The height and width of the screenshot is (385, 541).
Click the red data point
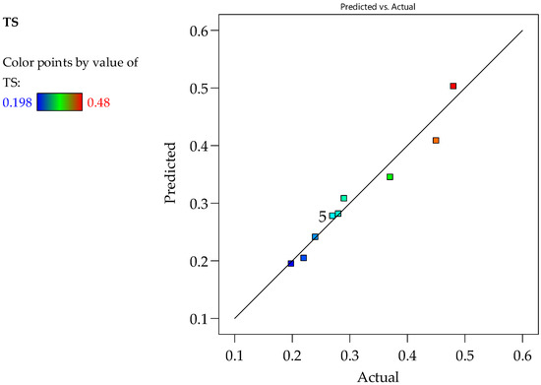[453, 86]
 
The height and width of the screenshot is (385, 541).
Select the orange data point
[436, 140]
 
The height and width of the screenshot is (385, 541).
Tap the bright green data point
[390, 177]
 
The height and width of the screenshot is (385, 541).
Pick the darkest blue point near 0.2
[291, 264]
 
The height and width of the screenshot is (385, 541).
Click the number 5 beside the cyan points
[322, 217]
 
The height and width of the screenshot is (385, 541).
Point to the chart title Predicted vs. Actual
[378, 7]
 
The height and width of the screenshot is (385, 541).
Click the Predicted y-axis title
[170, 172]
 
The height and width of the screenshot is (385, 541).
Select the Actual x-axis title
[378, 377]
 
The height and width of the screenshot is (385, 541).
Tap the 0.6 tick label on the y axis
[200, 31]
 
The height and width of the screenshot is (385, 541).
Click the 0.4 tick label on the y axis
[200, 146]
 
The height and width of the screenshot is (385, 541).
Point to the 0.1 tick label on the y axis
[200, 318]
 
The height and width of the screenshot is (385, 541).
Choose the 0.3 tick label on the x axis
[350, 355]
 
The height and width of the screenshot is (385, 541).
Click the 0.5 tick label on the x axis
[464, 355]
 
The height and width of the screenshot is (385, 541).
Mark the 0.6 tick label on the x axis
[522, 355]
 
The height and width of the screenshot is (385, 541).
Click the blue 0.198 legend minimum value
[18, 102]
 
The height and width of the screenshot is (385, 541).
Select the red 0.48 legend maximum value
[98, 102]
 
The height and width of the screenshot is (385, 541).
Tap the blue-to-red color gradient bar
[60, 101]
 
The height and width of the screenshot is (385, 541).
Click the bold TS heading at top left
[11, 23]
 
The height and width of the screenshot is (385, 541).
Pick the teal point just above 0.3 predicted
[343, 198]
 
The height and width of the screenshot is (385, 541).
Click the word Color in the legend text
[19, 62]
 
